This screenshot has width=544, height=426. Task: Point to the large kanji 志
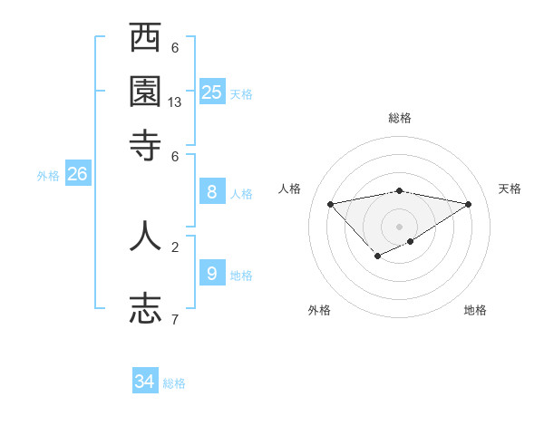point(146,306)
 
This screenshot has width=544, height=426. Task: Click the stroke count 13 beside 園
point(175,102)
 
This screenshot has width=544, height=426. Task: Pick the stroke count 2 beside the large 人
point(175,246)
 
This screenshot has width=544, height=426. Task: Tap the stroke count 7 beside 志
point(175,319)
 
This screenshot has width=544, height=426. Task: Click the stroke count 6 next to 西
point(175,47)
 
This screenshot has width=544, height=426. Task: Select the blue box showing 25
point(212,92)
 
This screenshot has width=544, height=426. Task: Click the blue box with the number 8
point(212,192)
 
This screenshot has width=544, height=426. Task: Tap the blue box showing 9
point(212,273)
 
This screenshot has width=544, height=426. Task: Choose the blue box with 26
point(77,174)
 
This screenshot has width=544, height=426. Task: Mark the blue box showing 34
point(145,382)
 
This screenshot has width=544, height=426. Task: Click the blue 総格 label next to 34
point(174,383)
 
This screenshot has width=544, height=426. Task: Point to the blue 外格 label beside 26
point(48,177)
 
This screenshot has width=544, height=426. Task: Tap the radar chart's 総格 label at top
point(400,118)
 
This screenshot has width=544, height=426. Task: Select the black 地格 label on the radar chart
point(475,310)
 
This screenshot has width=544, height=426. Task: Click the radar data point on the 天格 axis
point(469,204)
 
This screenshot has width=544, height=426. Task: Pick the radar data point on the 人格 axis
point(331,204)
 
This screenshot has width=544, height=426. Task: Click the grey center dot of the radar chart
point(400,226)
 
